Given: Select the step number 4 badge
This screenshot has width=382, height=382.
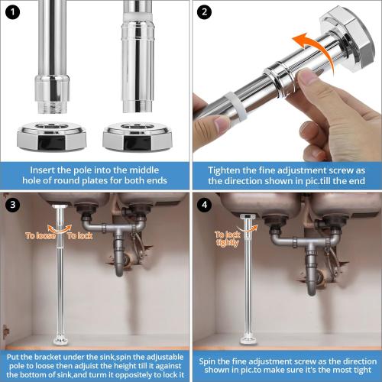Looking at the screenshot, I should (x=204, y=204).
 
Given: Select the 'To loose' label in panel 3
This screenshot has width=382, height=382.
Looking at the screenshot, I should (x=39, y=236).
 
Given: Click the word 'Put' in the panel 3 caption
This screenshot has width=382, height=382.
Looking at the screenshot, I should (x=15, y=356).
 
